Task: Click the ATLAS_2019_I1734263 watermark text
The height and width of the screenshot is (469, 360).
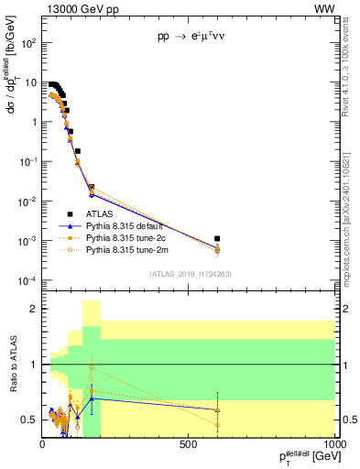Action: click(x=190, y=274)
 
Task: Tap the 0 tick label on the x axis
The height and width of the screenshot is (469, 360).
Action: click(x=42, y=446)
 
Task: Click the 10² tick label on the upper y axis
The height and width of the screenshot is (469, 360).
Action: click(x=29, y=43)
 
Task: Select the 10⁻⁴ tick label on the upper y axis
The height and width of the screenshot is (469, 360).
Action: click(x=27, y=280)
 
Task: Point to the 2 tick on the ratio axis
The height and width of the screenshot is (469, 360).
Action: click(x=34, y=309)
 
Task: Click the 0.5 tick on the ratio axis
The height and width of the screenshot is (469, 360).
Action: click(x=30, y=420)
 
